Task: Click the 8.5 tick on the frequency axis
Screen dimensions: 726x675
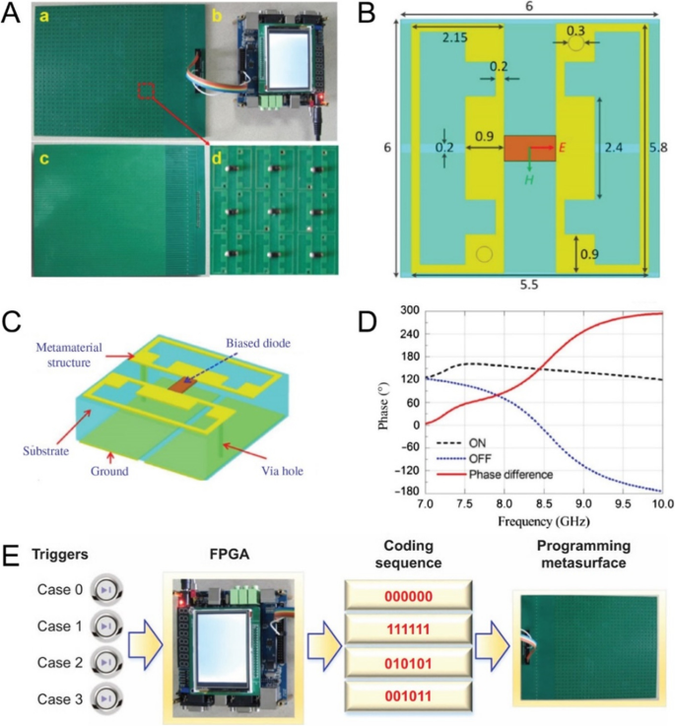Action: coord(543,502)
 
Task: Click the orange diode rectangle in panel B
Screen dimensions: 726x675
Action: coord(529,149)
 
